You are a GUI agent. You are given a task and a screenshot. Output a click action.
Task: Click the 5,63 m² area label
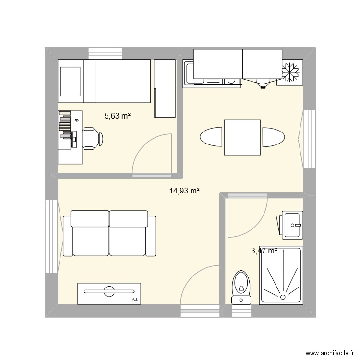click(x=118, y=115)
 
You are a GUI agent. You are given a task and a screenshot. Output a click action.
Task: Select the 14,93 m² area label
click(x=184, y=191)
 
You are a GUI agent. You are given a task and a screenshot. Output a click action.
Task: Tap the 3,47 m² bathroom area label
click(x=264, y=251)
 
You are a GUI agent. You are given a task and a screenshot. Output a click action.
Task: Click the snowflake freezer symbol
click(x=291, y=73)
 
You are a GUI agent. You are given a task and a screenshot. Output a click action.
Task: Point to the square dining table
click(x=242, y=137)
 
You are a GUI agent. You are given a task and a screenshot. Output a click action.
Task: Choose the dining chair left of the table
click(x=211, y=137)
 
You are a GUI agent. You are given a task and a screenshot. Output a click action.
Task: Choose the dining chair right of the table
click(x=274, y=137)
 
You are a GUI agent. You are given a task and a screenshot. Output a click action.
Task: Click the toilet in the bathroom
click(x=241, y=287)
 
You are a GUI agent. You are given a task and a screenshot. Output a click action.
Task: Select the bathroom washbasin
click(x=291, y=224)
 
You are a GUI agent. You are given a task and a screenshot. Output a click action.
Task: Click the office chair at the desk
click(x=91, y=138)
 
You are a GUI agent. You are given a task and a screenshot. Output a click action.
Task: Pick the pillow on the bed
click(x=70, y=81)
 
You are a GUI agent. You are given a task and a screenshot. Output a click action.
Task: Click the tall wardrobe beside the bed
click(x=165, y=89)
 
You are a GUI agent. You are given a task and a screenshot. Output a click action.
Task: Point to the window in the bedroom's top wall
click(x=105, y=52)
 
